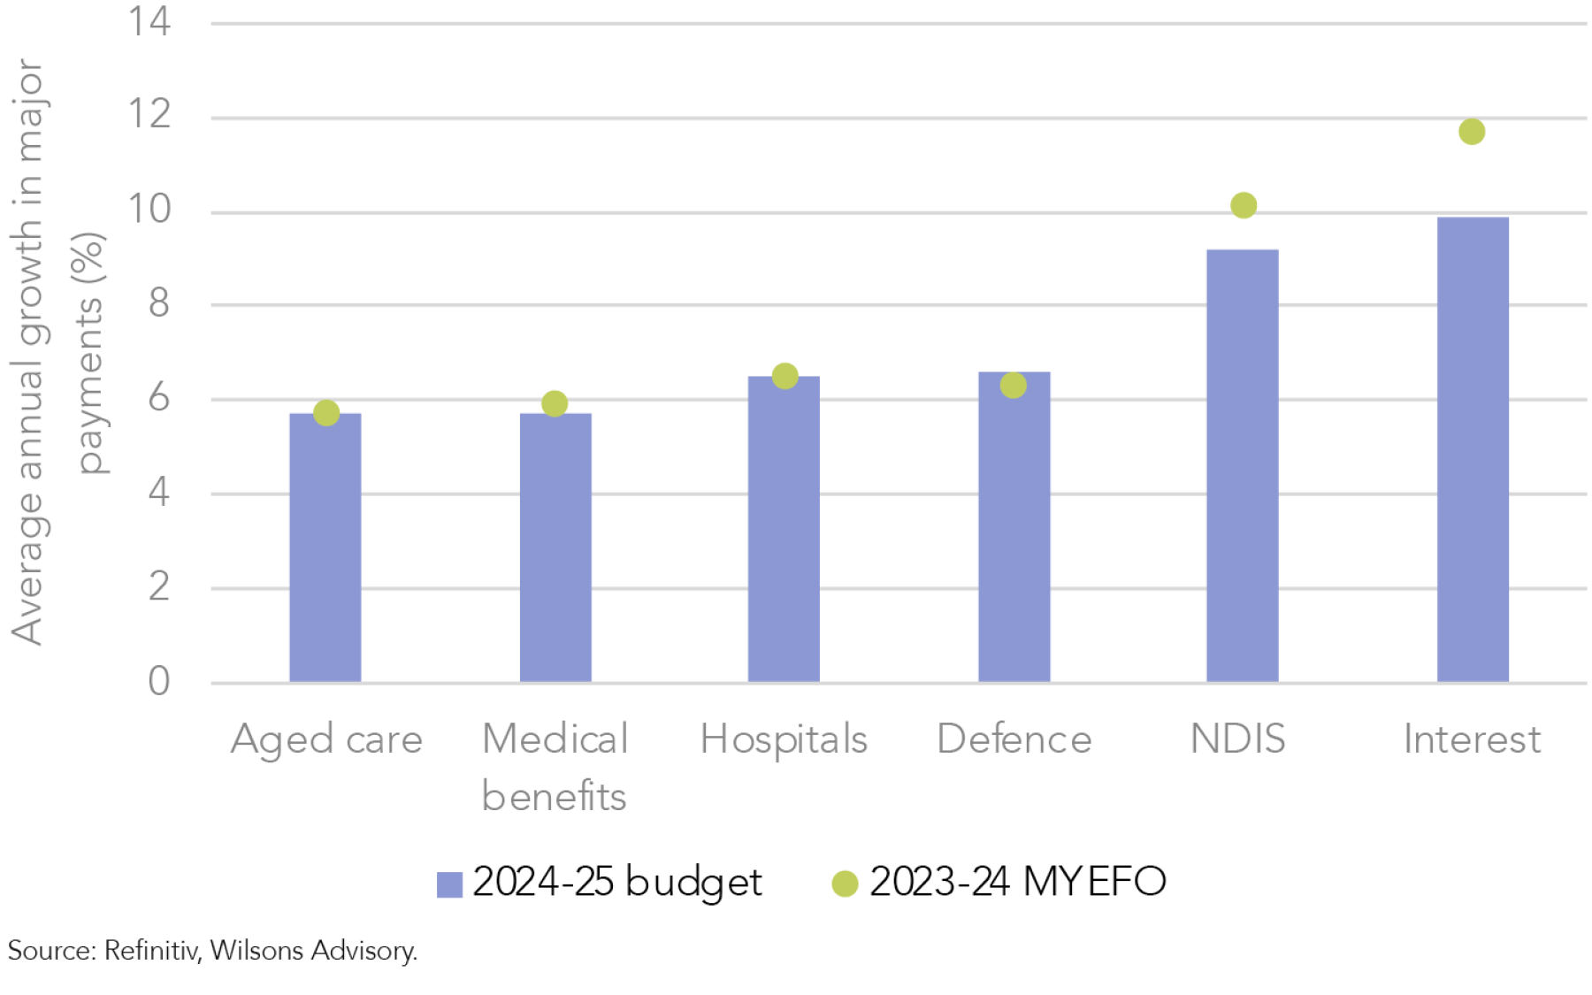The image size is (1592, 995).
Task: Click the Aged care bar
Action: (325, 548)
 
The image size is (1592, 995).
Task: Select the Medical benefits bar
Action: (555, 548)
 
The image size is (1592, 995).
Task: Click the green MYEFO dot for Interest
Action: (1472, 132)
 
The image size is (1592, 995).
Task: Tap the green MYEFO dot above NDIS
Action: (1244, 205)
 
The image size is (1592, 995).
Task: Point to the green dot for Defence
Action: (1014, 386)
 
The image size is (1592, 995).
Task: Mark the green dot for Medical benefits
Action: (555, 404)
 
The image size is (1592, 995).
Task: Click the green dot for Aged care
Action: (326, 413)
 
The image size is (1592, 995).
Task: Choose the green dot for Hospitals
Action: (785, 376)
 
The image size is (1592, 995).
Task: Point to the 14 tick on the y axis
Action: (149, 21)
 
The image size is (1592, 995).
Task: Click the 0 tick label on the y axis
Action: (158, 682)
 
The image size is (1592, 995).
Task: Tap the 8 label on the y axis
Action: (158, 303)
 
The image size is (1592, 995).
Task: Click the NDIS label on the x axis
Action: (1237, 739)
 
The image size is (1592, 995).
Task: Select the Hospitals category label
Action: (784, 739)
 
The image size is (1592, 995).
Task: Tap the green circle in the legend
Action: (845, 884)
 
